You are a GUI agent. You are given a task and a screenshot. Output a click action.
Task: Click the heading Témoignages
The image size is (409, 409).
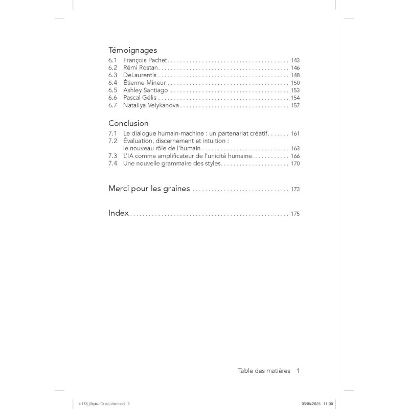(x=132, y=51)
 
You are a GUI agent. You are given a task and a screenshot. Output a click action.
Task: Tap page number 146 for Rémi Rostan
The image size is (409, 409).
(x=295, y=68)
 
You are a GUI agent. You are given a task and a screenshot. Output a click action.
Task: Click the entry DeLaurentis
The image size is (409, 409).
(x=140, y=75)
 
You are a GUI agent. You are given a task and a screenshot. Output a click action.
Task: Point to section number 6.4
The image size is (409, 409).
(x=113, y=83)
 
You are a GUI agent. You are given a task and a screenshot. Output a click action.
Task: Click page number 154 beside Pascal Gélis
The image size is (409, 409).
(x=295, y=98)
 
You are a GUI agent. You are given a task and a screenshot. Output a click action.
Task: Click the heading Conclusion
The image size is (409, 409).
(x=128, y=123)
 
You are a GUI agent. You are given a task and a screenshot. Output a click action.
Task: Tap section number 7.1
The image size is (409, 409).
(x=113, y=133)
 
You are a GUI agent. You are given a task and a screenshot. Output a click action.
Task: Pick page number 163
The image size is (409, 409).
(x=295, y=148)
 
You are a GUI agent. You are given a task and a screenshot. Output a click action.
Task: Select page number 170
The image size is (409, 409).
(x=295, y=164)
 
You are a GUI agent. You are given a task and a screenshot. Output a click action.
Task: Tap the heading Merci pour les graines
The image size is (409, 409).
(x=149, y=189)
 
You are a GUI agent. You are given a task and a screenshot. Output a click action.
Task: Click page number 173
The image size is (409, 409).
(x=295, y=189)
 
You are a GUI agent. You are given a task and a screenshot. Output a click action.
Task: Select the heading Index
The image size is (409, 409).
(x=119, y=213)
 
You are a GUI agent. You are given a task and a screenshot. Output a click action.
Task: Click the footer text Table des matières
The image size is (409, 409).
(x=264, y=371)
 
